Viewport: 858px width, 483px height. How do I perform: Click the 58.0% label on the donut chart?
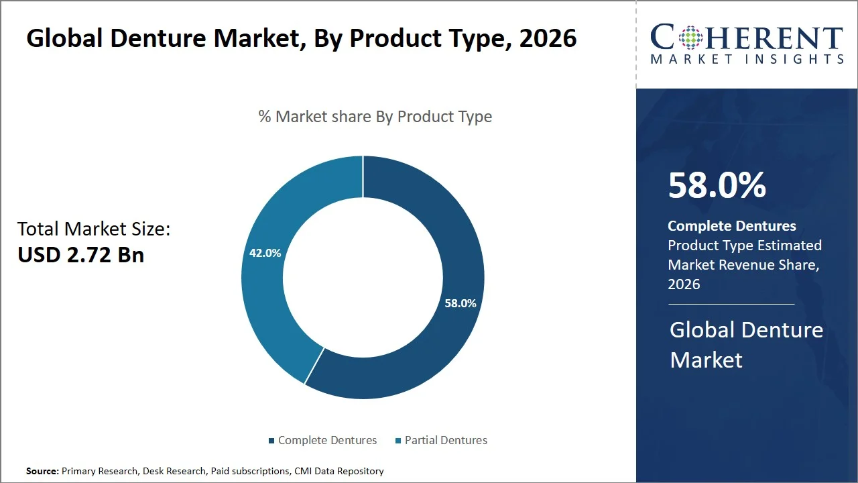tap(460, 303)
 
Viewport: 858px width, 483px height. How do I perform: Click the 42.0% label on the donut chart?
tap(265, 253)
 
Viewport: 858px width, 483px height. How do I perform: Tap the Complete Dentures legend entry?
tap(322, 440)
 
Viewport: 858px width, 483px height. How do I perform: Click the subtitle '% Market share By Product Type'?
tap(375, 117)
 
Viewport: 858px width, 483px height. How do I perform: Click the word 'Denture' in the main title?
tap(158, 38)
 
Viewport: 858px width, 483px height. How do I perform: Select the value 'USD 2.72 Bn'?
tap(80, 255)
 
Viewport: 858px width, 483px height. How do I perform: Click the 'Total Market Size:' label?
tap(94, 229)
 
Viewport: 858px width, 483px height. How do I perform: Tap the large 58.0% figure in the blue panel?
tap(717, 185)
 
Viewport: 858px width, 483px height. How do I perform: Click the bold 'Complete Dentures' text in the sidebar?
tap(731, 226)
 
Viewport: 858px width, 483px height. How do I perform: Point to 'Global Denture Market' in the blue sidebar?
tap(746, 345)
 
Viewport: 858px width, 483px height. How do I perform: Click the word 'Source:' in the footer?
tap(42, 471)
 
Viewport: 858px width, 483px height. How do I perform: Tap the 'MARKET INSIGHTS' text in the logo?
tap(746, 59)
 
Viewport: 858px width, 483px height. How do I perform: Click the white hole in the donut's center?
tap(363, 277)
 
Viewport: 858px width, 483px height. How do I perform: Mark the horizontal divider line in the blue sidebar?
tap(731, 304)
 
